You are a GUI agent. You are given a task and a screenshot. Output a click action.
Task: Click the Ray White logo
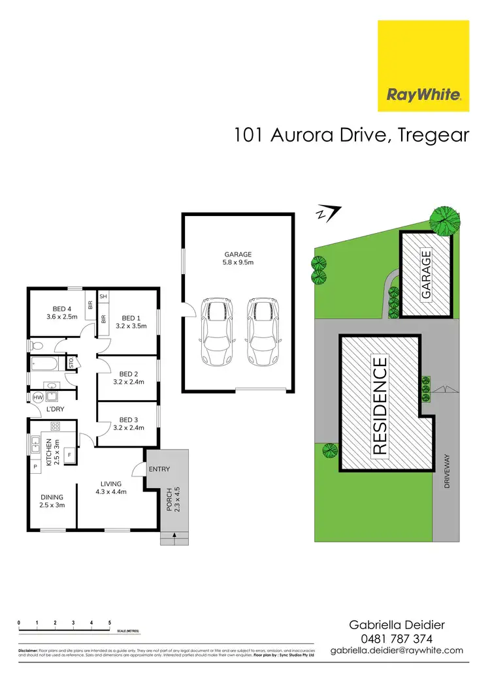(424, 66)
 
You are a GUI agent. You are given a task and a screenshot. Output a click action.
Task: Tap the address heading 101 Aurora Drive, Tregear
(351, 135)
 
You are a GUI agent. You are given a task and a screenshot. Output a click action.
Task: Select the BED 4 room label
(62, 313)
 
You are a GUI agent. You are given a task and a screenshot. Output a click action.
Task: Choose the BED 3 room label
(128, 424)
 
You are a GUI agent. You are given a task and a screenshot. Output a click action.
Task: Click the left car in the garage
(216, 332)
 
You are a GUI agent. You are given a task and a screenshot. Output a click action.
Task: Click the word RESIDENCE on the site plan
(380, 405)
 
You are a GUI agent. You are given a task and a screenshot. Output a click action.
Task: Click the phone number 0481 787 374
(397, 638)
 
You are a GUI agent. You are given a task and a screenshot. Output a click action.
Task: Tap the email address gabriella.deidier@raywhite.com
(397, 650)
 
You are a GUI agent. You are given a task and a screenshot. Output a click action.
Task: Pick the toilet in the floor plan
(37, 345)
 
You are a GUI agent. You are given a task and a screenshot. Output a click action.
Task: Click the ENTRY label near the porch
(160, 469)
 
